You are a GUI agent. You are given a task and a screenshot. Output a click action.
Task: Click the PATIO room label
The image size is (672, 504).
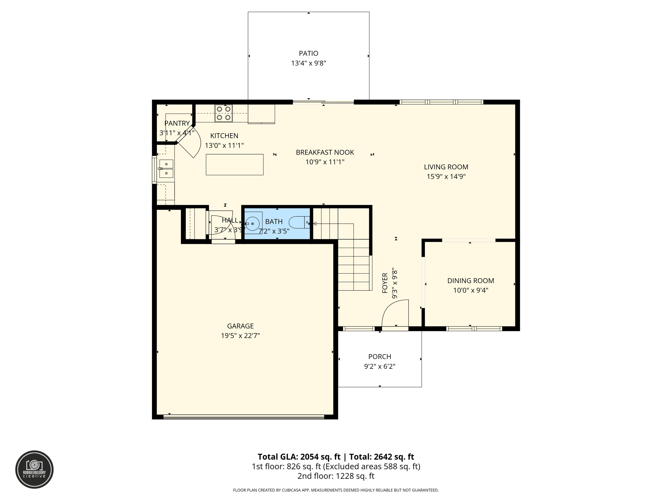(x=308, y=53)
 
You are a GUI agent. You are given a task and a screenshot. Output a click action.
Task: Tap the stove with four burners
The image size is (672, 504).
(x=223, y=113)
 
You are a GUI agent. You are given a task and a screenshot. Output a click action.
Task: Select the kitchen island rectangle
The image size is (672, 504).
(x=234, y=164)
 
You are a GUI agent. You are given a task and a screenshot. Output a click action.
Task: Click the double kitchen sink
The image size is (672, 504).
(x=166, y=168)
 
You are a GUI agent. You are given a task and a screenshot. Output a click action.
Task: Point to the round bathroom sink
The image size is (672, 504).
(x=253, y=223)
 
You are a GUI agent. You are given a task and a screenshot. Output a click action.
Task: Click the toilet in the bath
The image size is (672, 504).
(x=299, y=222)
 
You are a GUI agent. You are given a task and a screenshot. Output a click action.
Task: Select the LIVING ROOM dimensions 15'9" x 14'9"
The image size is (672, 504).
(x=446, y=177)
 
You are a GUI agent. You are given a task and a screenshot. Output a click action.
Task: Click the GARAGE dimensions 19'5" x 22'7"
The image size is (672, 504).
(x=240, y=336)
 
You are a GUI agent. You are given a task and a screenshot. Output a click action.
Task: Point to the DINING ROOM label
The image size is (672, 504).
(x=471, y=281)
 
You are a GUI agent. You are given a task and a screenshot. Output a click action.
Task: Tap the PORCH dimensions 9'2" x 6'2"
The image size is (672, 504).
(x=380, y=367)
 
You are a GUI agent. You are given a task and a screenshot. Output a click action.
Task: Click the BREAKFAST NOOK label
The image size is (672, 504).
(x=325, y=152)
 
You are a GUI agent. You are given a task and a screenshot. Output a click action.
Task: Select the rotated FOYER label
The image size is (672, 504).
(x=385, y=283)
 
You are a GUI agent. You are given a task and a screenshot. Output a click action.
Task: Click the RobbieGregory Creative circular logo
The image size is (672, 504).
(x=34, y=470)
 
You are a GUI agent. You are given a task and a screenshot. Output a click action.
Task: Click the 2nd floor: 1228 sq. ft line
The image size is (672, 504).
(x=336, y=476)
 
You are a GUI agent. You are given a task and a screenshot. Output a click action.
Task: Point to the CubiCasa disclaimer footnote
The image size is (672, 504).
(x=336, y=490)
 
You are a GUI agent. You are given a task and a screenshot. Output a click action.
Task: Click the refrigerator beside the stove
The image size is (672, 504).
(x=261, y=114)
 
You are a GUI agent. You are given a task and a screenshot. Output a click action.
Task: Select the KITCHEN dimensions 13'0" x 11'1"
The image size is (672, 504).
(x=224, y=145)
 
